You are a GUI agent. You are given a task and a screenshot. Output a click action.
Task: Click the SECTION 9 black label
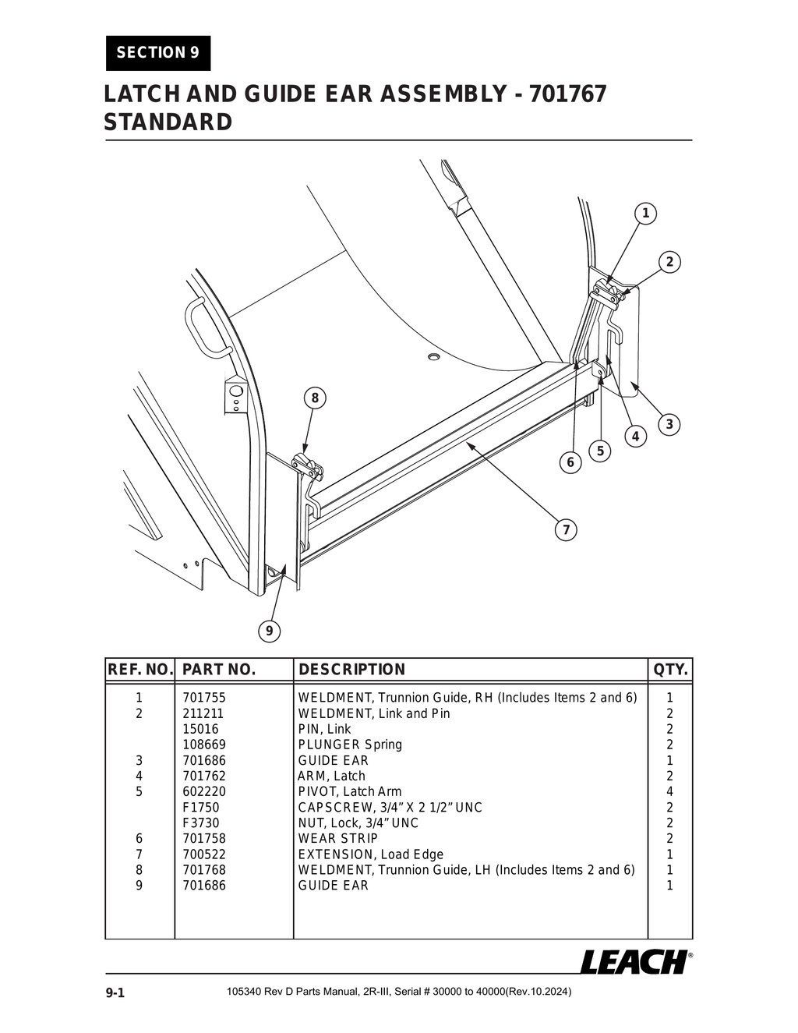157,53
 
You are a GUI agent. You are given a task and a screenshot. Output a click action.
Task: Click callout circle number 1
645,214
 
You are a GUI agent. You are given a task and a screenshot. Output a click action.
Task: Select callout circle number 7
566,531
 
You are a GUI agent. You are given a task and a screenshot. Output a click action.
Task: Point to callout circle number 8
315,398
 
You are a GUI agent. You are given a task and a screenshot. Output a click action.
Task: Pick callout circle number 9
269,631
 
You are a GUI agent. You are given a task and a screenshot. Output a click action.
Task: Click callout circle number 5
600,451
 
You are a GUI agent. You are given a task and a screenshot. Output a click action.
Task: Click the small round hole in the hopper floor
434,357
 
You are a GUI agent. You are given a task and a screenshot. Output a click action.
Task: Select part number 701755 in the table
204,698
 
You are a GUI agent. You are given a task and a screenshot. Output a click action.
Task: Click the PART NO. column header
219,670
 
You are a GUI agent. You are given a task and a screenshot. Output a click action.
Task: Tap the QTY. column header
670,670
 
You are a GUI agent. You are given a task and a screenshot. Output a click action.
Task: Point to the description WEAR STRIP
337,838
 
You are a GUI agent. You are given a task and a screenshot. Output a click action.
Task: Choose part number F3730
201,823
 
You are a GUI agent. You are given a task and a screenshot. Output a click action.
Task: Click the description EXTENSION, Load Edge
370,854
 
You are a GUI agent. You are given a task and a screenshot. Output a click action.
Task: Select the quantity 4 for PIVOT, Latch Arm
669,791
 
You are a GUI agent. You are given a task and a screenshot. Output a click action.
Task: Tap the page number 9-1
115,992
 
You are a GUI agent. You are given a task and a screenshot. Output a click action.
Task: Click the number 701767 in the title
567,94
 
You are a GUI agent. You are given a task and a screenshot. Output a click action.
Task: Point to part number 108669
204,745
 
